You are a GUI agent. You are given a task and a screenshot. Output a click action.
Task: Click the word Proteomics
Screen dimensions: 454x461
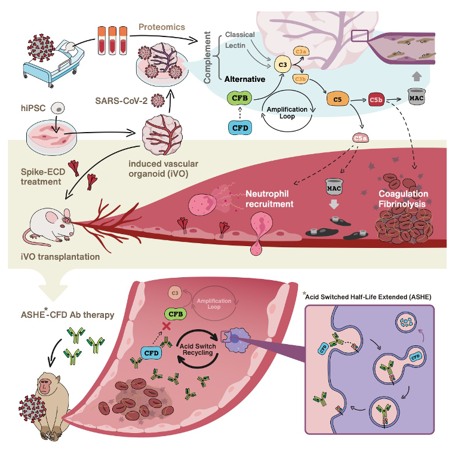click(x=161, y=27)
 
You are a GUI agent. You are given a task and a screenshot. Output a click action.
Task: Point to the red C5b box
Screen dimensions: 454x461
click(x=377, y=99)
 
